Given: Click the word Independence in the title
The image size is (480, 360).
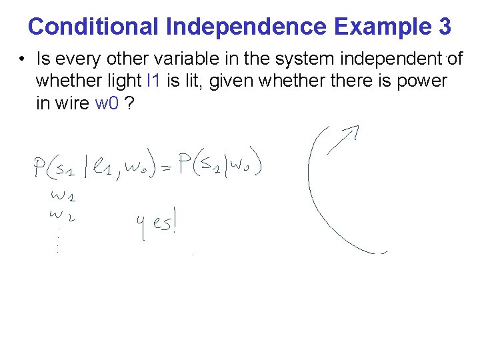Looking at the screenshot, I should click(246, 27).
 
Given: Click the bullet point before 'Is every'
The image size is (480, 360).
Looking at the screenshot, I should click(22, 59).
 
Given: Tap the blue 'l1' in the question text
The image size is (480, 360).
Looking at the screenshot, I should click(152, 81).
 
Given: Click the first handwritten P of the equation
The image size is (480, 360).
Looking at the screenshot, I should click(39, 167).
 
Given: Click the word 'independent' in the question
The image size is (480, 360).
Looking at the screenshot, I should click(378, 59).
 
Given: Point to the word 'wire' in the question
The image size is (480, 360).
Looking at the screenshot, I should click(73, 103).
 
